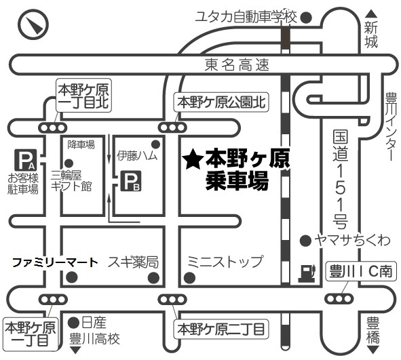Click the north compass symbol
click(x=33, y=25)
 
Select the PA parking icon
click(x=25, y=160)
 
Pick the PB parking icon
click(x=131, y=181)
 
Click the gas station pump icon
click(x=307, y=273)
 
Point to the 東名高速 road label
click(x=237, y=65)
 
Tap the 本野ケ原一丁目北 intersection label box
click(x=84, y=96)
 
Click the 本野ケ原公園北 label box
click(x=221, y=102)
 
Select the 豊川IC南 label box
click(x=361, y=271)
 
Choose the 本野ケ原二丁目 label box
click(x=221, y=329)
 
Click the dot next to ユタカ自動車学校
click(x=306, y=18)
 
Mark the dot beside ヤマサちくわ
click(x=305, y=241)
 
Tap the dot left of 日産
click(x=74, y=323)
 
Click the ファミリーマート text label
click(x=55, y=262)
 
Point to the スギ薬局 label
click(x=133, y=262)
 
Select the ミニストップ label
click(x=225, y=262)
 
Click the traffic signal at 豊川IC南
click(x=339, y=298)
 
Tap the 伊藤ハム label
click(x=137, y=156)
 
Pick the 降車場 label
click(x=81, y=144)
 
